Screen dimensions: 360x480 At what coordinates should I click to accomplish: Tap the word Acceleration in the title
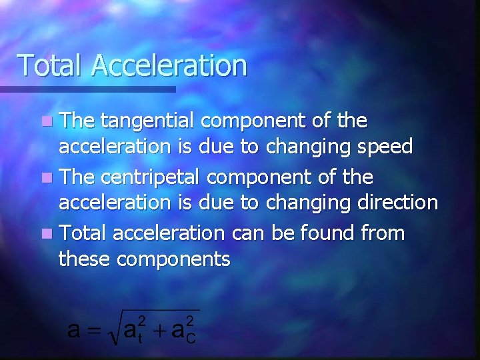coord(169,65)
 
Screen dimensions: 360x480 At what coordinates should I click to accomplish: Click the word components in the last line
coord(174,259)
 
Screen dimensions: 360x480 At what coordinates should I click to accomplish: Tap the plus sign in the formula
coord(161,329)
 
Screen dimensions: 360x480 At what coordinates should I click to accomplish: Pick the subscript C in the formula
coord(190,337)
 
